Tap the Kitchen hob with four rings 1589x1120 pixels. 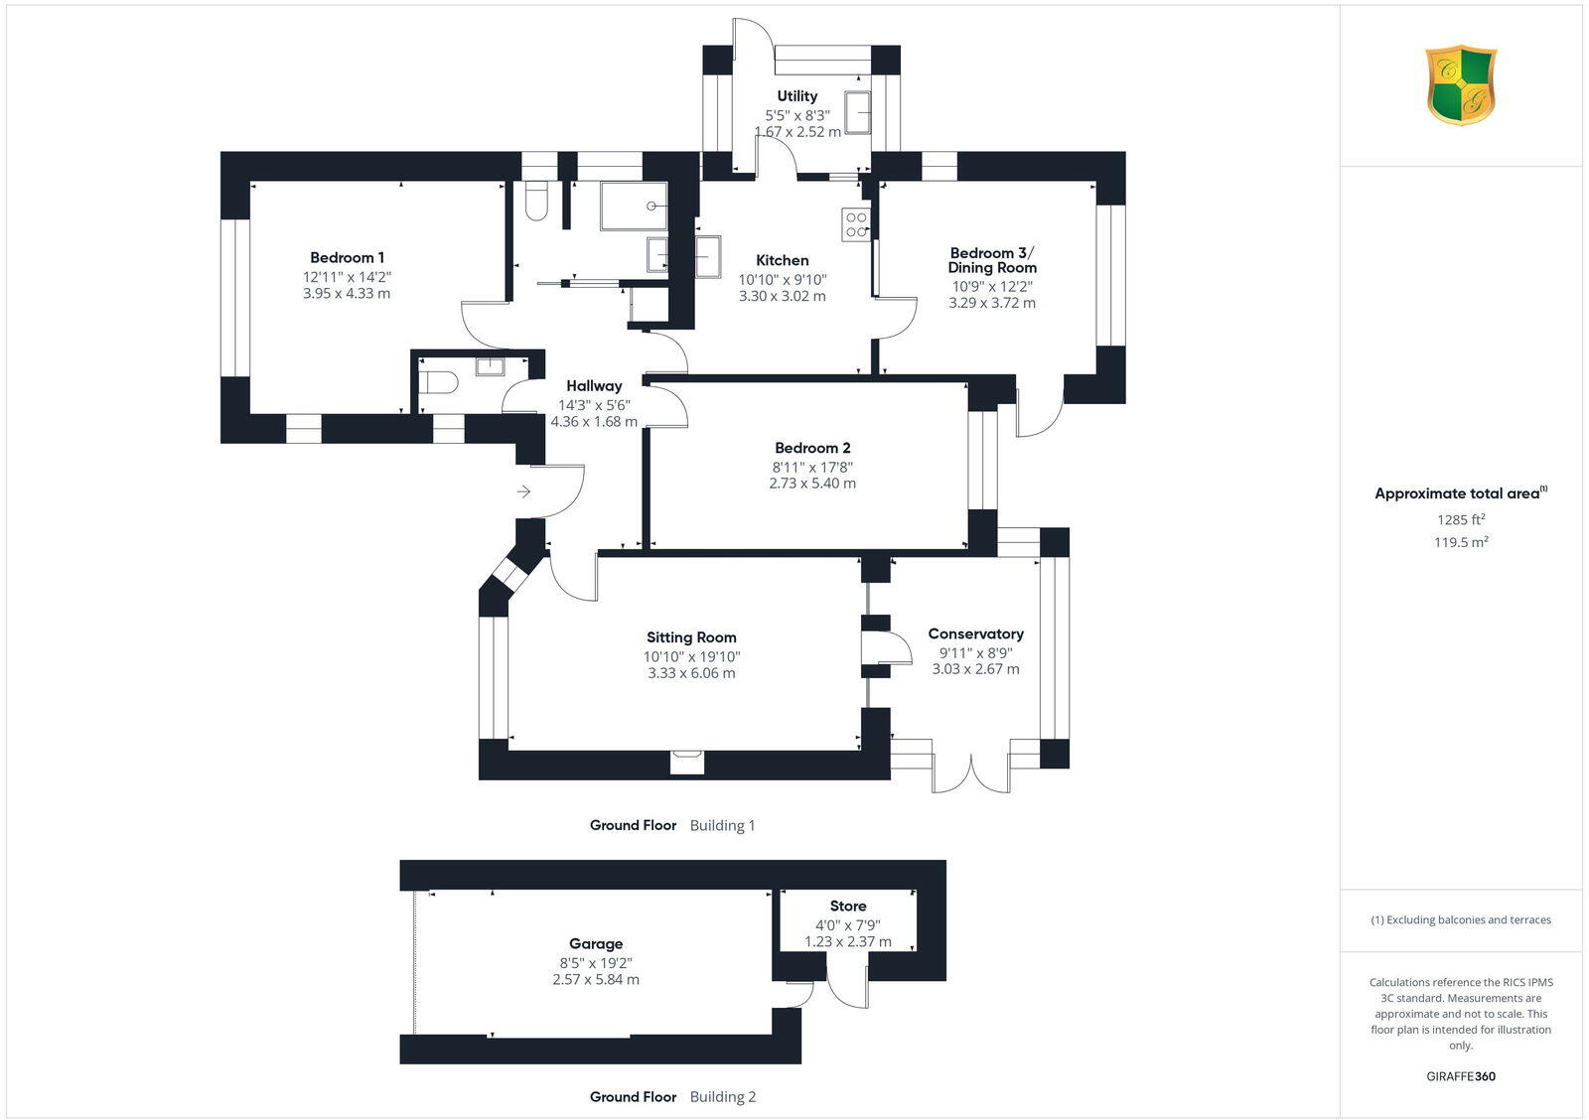[x=855, y=225]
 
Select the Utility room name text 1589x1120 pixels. [x=797, y=96]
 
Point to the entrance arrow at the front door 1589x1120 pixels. [x=524, y=491]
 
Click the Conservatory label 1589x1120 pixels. [x=975, y=633]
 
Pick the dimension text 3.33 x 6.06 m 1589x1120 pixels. [x=691, y=673]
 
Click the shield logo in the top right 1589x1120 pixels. [x=1460, y=84]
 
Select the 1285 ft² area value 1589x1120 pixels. [x=1460, y=519]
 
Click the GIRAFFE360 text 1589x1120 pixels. [x=1460, y=1076]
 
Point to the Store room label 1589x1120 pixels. [x=848, y=907]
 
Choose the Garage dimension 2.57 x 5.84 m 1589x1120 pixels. [x=596, y=980]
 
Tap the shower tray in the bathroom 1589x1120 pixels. [x=634, y=206]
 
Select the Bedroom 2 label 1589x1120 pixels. [x=812, y=448]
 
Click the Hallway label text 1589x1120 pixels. [x=594, y=386]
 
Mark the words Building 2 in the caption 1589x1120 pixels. [x=723, y=1097]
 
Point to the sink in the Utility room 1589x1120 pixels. [x=858, y=111]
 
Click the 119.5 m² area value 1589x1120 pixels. [x=1460, y=542]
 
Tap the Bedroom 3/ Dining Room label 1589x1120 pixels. [x=992, y=260]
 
